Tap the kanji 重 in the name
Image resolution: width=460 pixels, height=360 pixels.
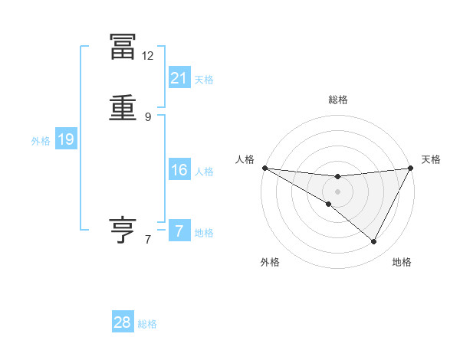[x=123, y=108]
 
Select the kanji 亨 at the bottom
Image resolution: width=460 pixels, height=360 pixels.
[x=123, y=231]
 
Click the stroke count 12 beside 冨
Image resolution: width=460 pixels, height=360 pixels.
[x=148, y=56]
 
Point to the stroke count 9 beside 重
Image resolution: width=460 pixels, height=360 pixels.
[x=148, y=116]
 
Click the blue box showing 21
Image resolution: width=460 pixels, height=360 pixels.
[x=179, y=78]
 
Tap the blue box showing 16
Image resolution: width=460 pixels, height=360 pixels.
[x=179, y=170]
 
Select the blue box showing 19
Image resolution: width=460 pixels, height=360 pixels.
[x=66, y=139]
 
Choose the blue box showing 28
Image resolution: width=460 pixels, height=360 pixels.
[x=123, y=323]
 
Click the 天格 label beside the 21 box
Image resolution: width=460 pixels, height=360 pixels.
[x=204, y=80]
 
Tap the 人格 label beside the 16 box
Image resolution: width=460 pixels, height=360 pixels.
[x=204, y=172]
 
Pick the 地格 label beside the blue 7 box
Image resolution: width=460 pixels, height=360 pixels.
[x=204, y=233]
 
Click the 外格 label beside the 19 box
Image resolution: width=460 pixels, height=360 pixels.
[x=41, y=141]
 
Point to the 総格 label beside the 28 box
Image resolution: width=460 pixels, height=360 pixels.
[x=147, y=325]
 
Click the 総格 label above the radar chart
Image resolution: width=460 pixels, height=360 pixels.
[x=337, y=100]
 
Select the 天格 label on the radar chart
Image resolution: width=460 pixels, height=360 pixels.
[x=432, y=159]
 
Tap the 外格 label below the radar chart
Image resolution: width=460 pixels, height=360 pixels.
[x=270, y=262]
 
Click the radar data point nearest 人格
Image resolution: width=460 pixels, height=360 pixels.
[x=264, y=167]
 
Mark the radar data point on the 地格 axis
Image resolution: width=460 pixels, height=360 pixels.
[x=374, y=242]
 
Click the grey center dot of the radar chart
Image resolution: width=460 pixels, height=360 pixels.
[x=337, y=191]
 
